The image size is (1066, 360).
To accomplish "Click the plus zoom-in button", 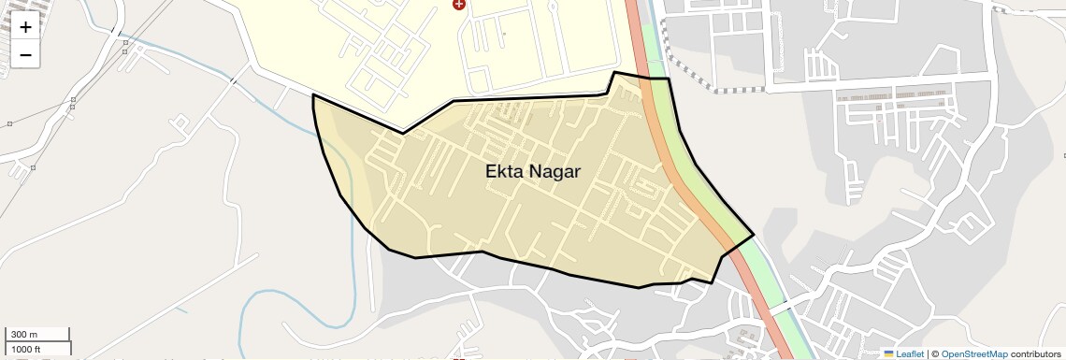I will tap(25, 27).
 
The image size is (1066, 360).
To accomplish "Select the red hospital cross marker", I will tap(458, 5).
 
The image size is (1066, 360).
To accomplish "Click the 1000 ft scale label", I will tap(26, 349).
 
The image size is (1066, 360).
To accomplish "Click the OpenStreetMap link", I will tap(974, 353).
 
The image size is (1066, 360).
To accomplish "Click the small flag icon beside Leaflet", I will tap(888, 353).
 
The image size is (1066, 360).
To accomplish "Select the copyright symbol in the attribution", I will tap(935, 353).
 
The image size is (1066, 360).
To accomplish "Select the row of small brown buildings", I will tap(893, 95).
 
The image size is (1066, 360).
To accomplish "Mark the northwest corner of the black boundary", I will tap(313, 95).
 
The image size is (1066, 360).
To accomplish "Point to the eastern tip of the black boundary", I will tap(753, 234).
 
